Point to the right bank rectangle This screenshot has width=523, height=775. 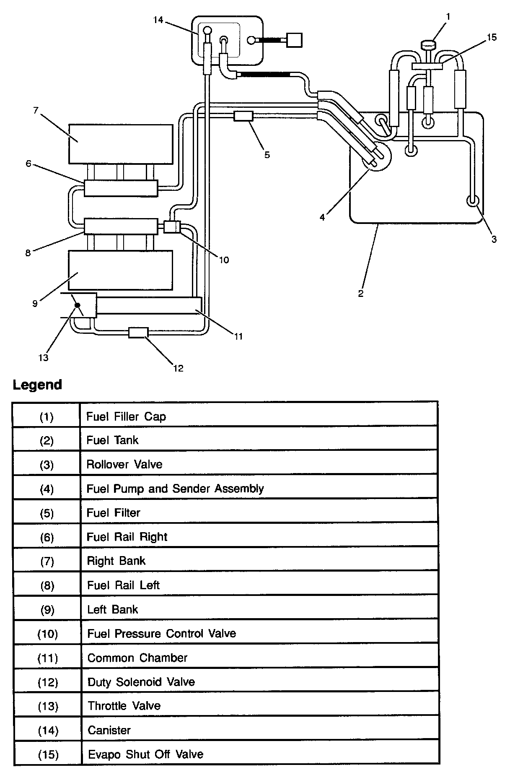121,144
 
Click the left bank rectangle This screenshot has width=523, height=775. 121,270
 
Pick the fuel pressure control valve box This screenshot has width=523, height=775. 172,227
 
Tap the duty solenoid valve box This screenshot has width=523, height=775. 138,333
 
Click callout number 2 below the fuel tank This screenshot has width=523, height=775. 361,294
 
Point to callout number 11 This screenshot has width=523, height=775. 238,336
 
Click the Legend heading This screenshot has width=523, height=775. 37,385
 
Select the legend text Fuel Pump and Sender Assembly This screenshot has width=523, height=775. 175,489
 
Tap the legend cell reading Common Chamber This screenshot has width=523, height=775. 137,658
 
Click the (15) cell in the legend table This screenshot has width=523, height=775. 48,754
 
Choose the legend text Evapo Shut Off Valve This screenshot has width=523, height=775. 145,754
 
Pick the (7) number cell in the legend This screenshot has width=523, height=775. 47,561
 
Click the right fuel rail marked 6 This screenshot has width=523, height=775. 121,188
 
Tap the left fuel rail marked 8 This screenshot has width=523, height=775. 121,226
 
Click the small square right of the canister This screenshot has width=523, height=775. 294,40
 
